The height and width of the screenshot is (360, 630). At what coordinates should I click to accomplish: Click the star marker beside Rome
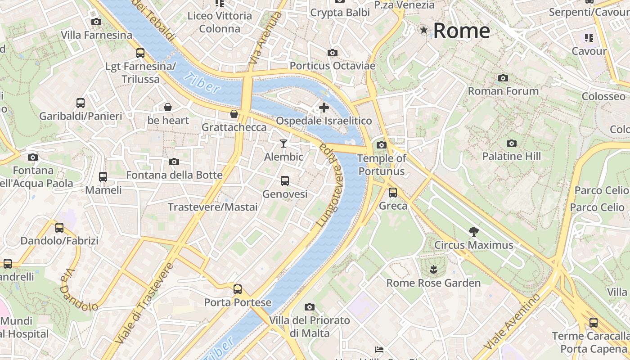pyautogui.click(x=423, y=30)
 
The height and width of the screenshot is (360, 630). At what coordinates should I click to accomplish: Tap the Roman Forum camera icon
pyautogui.click(x=503, y=78)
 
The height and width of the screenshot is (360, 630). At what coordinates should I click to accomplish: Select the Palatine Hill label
pyautogui.click(x=511, y=156)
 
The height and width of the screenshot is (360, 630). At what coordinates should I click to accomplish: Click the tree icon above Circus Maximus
pyautogui.click(x=473, y=232)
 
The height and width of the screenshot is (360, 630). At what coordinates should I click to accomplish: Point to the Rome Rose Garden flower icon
pyautogui.click(x=433, y=270)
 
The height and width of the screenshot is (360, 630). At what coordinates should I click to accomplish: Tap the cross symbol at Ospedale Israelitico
pyautogui.click(x=324, y=107)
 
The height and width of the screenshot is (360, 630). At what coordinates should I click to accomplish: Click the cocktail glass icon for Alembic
pyautogui.click(x=283, y=144)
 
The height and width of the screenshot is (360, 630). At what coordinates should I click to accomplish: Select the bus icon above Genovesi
pyautogui.click(x=284, y=181)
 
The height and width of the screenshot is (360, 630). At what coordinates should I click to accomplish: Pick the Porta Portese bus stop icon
pyautogui.click(x=238, y=289)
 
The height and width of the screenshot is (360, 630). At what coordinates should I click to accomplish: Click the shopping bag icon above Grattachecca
pyautogui.click(x=234, y=114)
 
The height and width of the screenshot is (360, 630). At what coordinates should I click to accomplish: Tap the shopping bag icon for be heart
pyautogui.click(x=168, y=107)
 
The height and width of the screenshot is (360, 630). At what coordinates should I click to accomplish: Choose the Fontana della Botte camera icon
pyautogui.click(x=174, y=162)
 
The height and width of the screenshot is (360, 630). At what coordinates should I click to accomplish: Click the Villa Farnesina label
pyautogui.click(x=97, y=35)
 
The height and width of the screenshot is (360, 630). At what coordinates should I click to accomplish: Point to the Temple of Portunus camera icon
pyautogui.click(x=382, y=145)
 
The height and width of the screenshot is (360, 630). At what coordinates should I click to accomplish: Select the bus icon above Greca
pyautogui.click(x=393, y=193)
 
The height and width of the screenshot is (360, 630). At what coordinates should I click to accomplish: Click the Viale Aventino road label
pyautogui.click(x=513, y=326)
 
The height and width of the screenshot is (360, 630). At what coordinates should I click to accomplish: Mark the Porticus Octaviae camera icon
pyautogui.click(x=333, y=53)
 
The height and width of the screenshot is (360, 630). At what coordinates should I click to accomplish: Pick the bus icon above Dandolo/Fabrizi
pyautogui.click(x=59, y=227)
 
